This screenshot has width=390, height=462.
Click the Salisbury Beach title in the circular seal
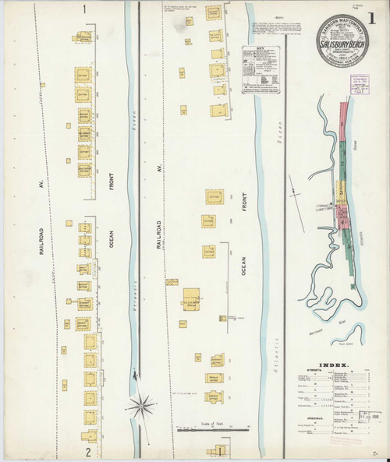click(x=344, y=46)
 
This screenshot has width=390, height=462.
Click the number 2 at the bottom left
click(x=89, y=451)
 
